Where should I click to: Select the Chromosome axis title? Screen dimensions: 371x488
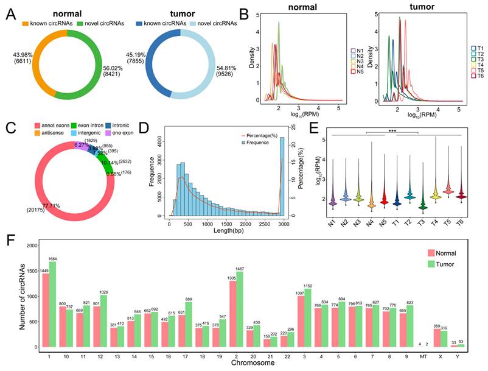[x=249, y=363]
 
